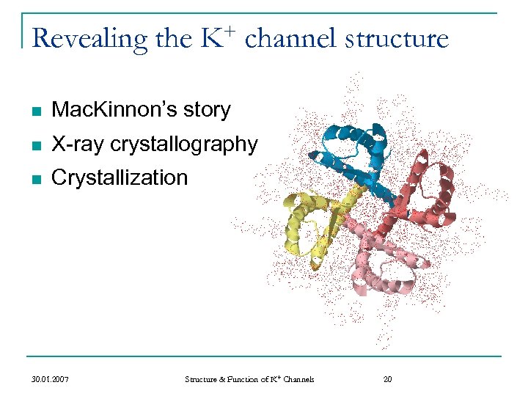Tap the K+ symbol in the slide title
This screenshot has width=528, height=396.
[217, 37]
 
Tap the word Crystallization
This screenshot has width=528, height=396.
[120, 178]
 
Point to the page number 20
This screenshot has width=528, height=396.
[388, 379]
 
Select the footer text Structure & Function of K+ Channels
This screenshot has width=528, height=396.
[249, 379]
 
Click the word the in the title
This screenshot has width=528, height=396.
[174, 38]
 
